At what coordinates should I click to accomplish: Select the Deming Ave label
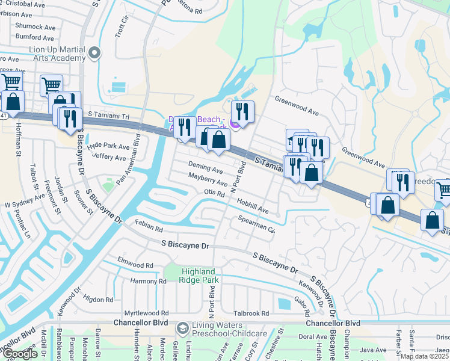pos(205,169)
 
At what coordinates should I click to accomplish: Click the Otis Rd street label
pos(214,193)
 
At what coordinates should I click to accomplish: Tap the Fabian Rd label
pos(149,229)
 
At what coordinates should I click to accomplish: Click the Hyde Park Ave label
pos(108,146)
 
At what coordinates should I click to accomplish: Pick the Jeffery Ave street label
pos(108,157)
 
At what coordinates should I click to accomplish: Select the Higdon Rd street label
pos(99,300)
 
